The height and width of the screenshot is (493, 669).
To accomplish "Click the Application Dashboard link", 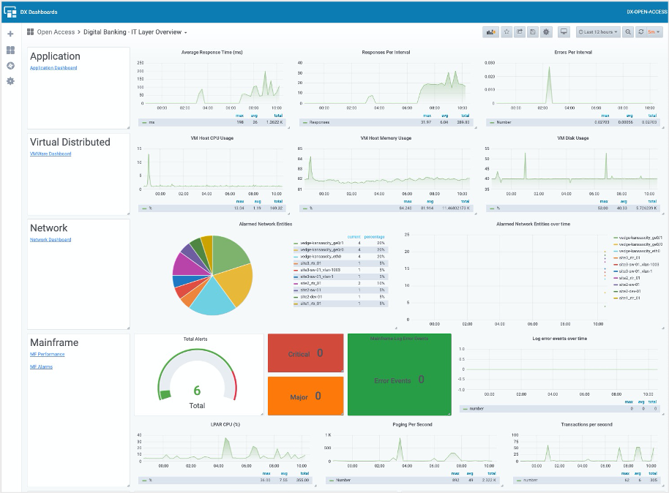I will (53, 68).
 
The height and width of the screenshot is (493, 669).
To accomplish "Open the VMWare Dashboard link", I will (51, 154).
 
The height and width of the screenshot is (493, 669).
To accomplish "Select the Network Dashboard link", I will (51, 240).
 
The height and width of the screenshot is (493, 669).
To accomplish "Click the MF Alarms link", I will (41, 367).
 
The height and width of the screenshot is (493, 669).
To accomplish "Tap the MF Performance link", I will (47, 354).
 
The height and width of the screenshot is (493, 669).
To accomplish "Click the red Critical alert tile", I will (305, 354).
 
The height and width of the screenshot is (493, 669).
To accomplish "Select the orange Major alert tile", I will (305, 396).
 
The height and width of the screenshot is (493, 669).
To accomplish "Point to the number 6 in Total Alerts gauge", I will (197, 391).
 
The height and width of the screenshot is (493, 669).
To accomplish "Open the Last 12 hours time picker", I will (598, 32).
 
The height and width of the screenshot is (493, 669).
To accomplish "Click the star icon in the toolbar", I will (506, 32).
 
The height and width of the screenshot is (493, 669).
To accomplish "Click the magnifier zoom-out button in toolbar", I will (628, 32).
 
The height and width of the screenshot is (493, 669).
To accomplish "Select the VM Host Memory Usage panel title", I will (386, 138).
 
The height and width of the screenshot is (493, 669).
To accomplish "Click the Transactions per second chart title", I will (586, 424).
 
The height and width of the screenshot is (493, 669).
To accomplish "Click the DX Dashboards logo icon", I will (10, 12).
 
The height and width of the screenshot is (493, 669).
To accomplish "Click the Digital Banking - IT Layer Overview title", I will (135, 32).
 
